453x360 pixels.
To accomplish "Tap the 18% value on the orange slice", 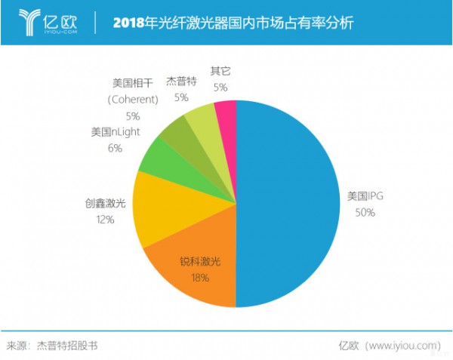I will tap(199, 278).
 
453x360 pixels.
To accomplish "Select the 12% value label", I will tap(104, 220).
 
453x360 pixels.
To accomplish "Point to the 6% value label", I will tap(115, 149).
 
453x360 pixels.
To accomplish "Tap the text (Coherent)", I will tap(133, 99).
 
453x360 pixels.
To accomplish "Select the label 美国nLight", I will tap(116, 132).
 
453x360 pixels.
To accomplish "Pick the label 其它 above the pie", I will tap(220, 71).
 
